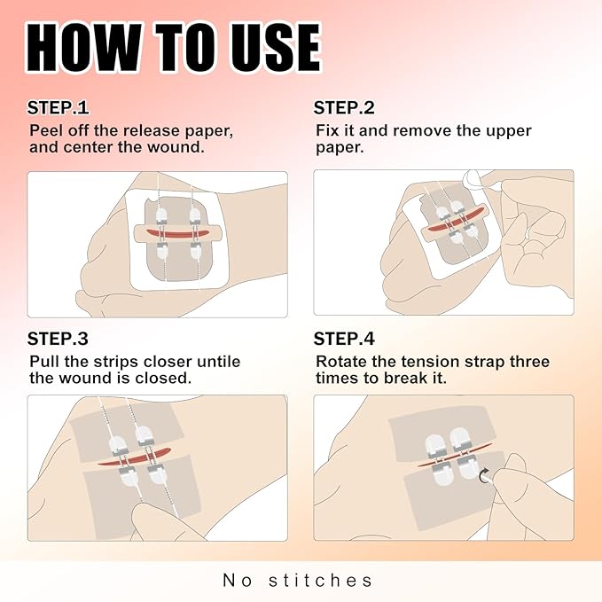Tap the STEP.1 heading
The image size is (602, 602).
(x=58, y=108)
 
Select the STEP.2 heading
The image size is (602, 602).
(x=344, y=108)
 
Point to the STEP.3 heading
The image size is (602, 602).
(x=58, y=339)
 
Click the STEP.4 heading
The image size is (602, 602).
(x=345, y=339)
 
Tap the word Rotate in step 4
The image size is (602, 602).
(x=340, y=362)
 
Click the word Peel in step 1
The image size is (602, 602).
(x=45, y=131)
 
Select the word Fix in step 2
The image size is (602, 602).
(x=327, y=131)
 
